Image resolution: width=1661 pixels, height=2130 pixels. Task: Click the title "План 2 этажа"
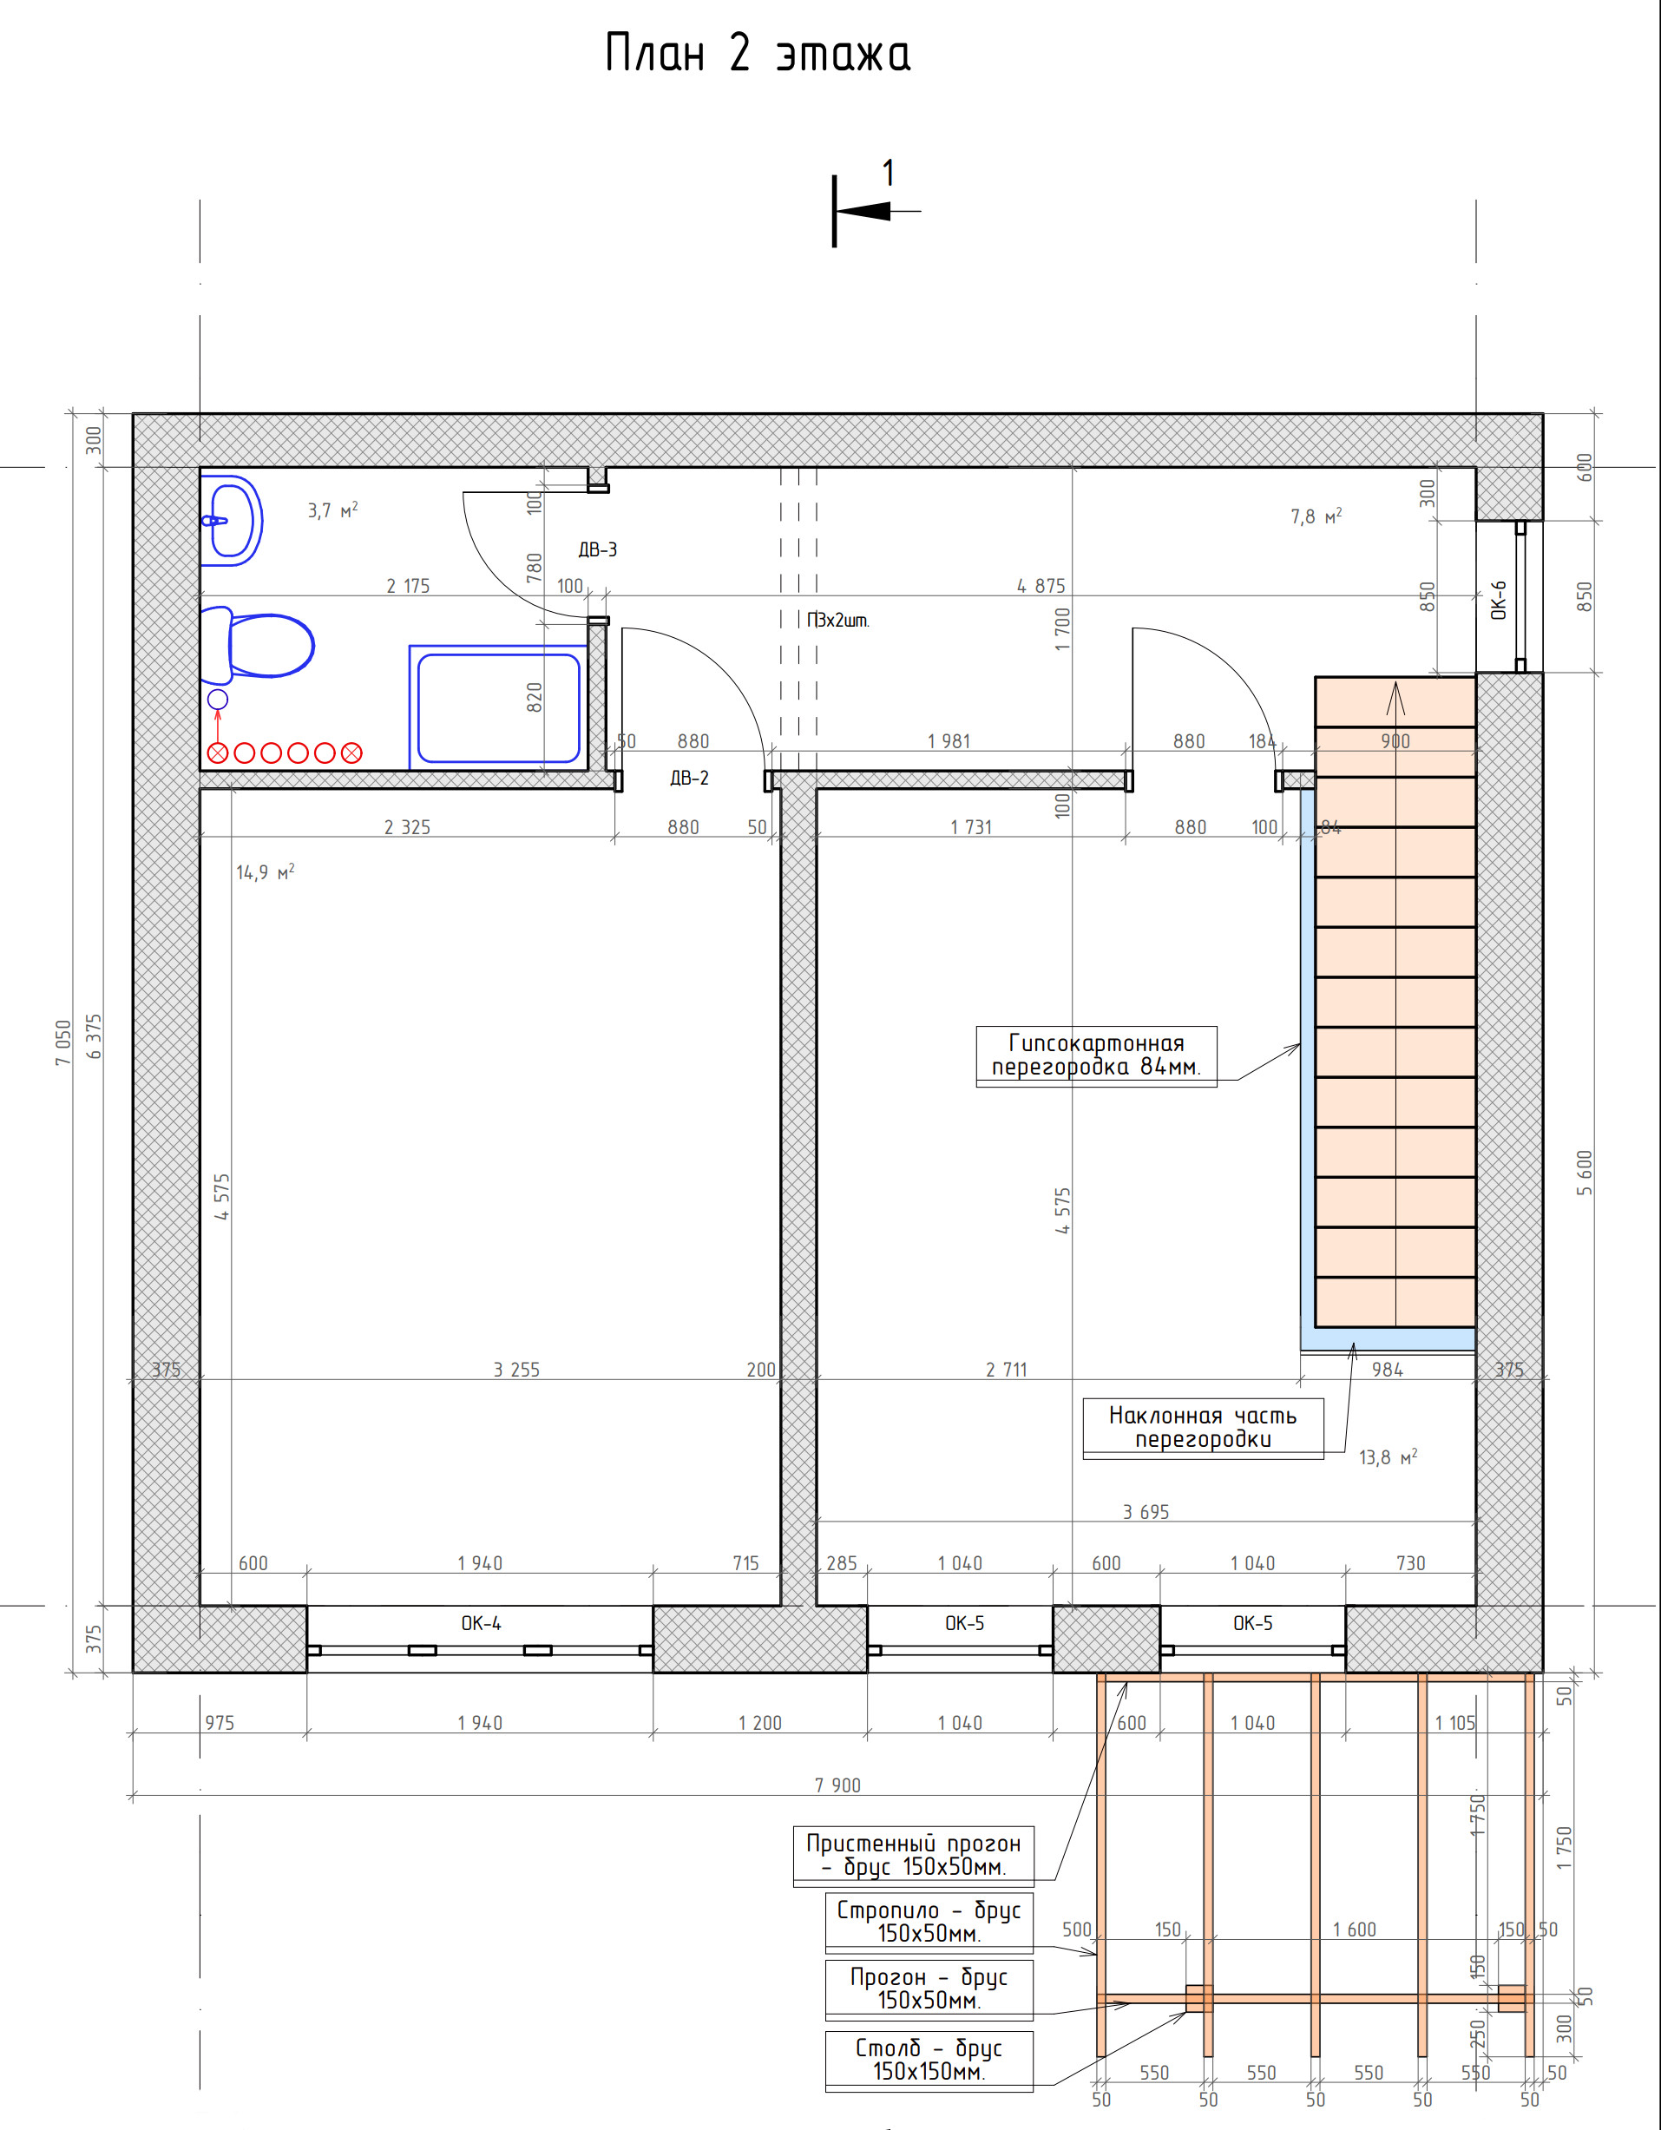coord(758,54)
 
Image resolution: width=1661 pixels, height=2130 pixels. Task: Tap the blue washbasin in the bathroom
coord(231,521)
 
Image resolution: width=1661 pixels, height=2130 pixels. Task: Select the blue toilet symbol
coord(258,646)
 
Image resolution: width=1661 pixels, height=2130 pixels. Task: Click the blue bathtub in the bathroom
coord(498,707)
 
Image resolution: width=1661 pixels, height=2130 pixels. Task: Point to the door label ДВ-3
coord(598,550)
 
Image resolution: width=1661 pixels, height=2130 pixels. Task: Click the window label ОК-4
coord(481,1624)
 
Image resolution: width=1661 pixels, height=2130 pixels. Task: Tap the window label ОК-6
coord(1499,600)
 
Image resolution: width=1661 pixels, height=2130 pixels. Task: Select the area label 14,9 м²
coord(266,872)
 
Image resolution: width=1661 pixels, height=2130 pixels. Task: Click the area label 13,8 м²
coord(1388,1457)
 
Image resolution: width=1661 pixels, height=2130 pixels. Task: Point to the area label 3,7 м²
coord(332,510)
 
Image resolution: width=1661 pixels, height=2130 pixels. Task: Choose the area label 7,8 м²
coord(1316,516)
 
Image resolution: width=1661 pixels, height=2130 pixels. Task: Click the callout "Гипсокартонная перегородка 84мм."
coord(1096,1055)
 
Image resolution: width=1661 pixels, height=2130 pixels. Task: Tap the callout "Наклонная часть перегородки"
coord(1203,1428)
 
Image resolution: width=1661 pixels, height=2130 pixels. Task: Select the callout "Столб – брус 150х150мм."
coord(929,2059)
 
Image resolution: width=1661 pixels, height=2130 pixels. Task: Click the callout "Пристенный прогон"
coord(913,1844)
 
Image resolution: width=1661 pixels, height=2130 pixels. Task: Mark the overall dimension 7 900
coord(837,1785)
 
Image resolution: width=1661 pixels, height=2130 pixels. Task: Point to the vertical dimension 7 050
coord(63,1042)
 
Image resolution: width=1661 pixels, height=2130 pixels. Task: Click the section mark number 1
coord(888,174)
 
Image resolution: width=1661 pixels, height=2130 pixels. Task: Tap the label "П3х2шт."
coord(837,621)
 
